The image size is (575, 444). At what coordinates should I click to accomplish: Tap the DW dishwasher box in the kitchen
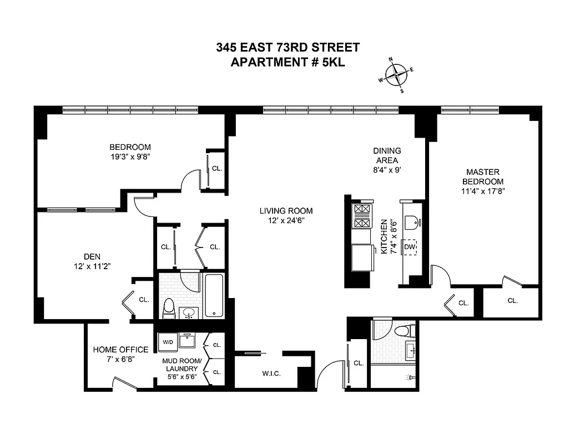coord(410,247)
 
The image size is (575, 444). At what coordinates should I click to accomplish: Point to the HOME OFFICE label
coord(120,350)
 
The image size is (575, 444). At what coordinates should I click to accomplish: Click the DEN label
coord(91,256)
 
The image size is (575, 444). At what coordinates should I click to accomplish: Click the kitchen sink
coord(411,223)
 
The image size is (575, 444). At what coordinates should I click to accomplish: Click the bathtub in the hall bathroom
coord(214,294)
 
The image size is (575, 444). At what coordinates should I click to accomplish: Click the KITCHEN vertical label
coord(384,236)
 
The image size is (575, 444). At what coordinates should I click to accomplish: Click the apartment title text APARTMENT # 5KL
coord(287,62)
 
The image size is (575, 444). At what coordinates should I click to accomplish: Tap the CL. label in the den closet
coord(144,300)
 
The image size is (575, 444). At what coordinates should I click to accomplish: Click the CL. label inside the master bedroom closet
coord(512,301)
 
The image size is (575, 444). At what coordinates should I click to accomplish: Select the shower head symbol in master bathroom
coord(410,377)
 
